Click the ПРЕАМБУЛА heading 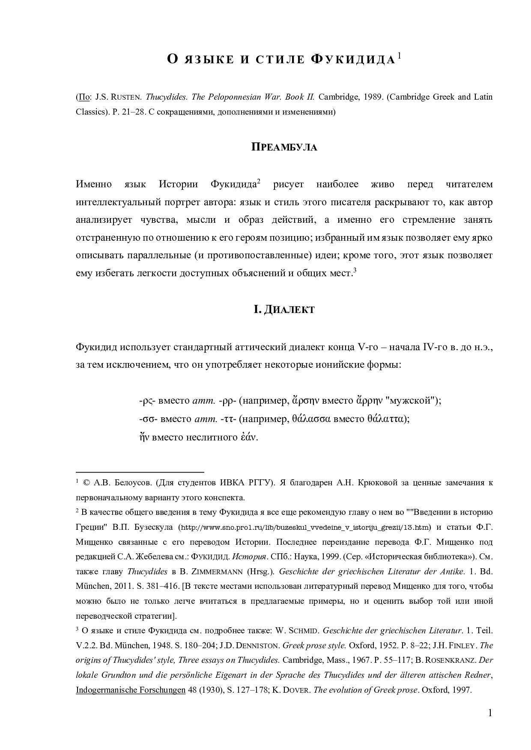[x=284, y=148]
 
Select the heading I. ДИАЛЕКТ [x=284, y=310]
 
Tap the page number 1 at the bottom [x=490, y=713]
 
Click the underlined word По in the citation [x=84, y=97]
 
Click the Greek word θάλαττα [x=387, y=419]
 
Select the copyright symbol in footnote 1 [x=87, y=483]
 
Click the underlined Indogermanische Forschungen [x=131, y=690]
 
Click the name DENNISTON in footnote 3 [x=258, y=645]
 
